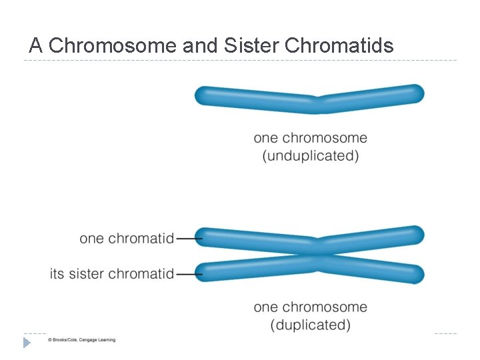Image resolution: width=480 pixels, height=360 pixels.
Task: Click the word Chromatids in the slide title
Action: click(x=339, y=45)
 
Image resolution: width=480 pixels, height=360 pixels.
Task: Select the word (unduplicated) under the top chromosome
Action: click(x=311, y=156)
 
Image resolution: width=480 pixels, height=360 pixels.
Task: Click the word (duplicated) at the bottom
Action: click(x=311, y=325)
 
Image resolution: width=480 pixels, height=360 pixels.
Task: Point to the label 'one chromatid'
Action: click(x=127, y=238)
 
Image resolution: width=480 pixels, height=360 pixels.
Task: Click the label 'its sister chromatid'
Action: click(x=112, y=273)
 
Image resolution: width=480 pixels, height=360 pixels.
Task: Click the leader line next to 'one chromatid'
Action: click(x=189, y=238)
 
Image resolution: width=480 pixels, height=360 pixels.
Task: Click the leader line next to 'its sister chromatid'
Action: click(x=189, y=273)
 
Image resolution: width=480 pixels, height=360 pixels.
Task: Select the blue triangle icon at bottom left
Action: click(x=27, y=343)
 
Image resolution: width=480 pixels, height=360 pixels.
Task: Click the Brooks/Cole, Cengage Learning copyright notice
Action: click(x=81, y=340)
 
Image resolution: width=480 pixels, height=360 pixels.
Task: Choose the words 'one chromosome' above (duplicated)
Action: click(x=311, y=307)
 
